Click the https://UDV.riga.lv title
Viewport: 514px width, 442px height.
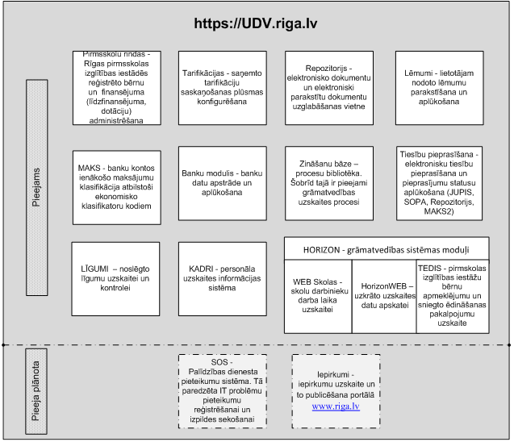coord(256,23)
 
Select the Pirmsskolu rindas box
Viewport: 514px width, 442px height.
coord(117,88)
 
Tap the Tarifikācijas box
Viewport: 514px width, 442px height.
coord(223,88)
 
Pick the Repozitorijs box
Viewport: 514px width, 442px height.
coord(329,88)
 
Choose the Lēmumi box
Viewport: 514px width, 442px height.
coord(440,88)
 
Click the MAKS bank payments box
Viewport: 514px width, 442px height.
coord(117,187)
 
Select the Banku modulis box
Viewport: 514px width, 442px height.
coord(223,183)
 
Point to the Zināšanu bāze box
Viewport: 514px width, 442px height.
coord(329,183)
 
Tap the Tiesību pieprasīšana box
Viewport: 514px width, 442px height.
coord(439,183)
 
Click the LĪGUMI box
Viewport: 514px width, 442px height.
coord(115,279)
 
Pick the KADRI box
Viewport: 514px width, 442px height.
coord(223,279)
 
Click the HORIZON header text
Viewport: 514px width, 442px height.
coord(387,250)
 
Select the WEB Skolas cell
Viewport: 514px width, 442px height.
coord(318,297)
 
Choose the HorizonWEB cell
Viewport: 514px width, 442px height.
coord(384,297)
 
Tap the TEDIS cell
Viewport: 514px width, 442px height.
coord(453,297)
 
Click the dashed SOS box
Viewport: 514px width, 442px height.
coord(223,391)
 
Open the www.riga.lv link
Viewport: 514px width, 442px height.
coord(336,407)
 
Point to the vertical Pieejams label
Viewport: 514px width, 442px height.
coord(37,187)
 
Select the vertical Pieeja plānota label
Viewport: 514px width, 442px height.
coord(36,391)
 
